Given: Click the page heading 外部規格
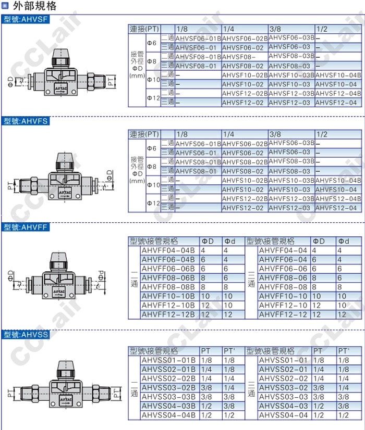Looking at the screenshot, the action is tap(34, 6).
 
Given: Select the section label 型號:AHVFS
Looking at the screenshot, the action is tap(26, 121).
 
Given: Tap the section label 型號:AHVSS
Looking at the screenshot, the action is tap(26, 335).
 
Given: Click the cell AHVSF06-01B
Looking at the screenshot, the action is tap(198, 38).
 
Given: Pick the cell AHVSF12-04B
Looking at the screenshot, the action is tap(338, 94).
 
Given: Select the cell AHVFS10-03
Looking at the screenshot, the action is tap(289, 189).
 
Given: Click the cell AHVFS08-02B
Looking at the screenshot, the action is tap(245, 162).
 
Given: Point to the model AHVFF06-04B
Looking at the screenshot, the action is tap(168, 259).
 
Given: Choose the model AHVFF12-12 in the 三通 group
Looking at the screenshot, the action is tap(283, 314).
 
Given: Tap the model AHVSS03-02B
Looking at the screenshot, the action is tap(168, 388).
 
